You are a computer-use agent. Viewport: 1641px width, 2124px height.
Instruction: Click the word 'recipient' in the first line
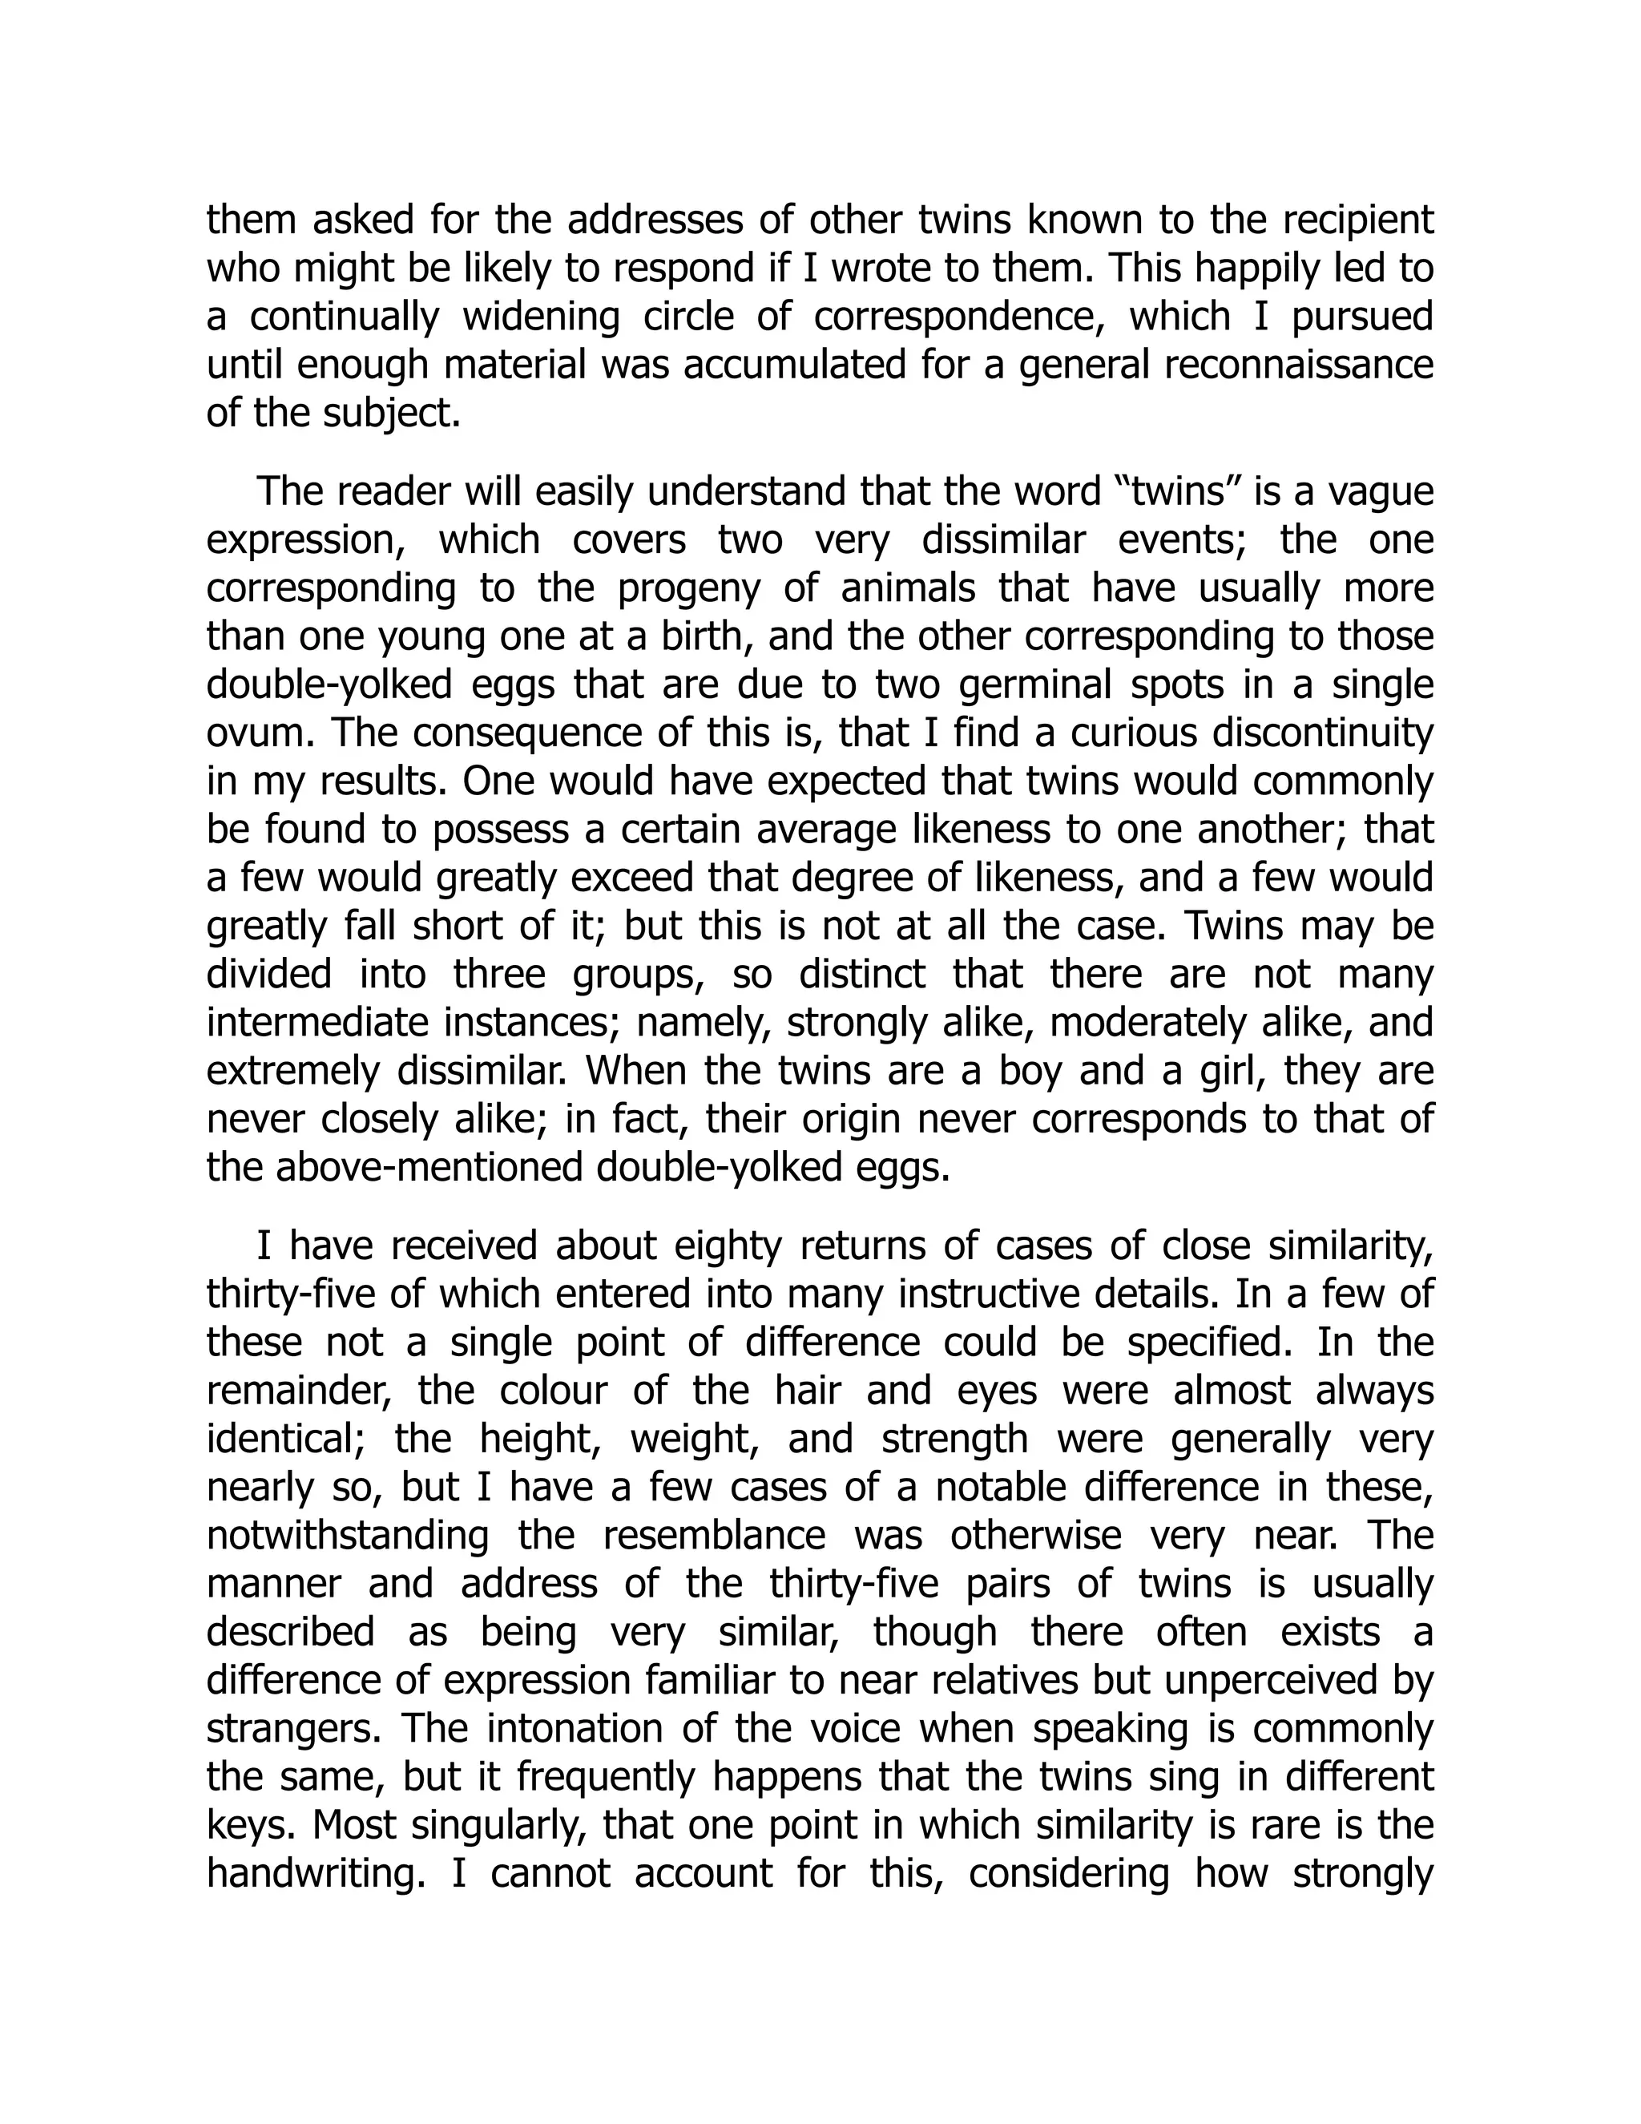pyautogui.click(x=1358, y=220)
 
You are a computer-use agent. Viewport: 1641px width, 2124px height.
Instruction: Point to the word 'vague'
pyautogui.click(x=1381, y=492)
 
